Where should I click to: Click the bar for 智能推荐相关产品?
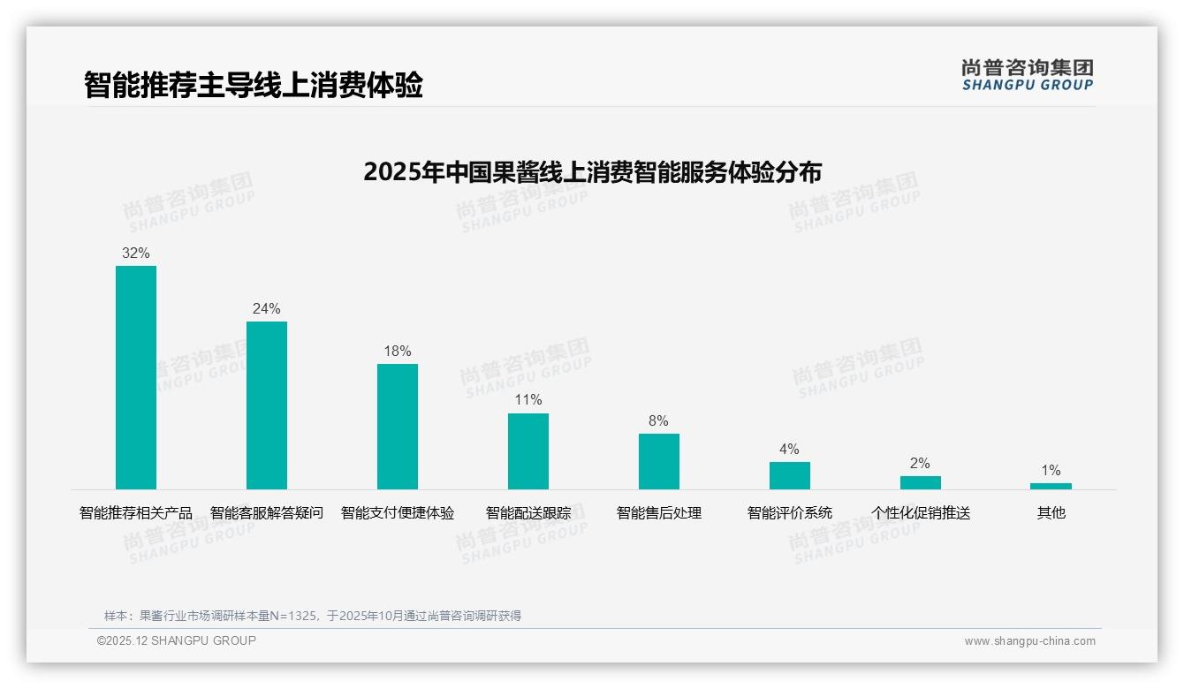click(136, 377)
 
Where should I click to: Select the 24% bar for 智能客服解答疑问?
click(267, 405)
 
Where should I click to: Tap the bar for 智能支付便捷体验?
click(398, 426)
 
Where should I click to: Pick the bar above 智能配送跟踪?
click(528, 450)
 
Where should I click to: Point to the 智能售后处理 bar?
click(659, 461)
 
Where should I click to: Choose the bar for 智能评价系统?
click(790, 475)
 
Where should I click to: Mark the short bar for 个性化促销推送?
click(921, 482)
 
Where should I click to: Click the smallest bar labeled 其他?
click(1051, 486)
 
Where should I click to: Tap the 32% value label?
click(136, 254)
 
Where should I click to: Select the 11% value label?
click(528, 400)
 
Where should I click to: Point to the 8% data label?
click(658, 421)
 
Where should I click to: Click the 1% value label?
click(1051, 471)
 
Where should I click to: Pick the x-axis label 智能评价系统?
click(790, 513)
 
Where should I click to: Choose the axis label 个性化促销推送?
click(921, 513)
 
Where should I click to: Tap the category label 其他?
click(1051, 513)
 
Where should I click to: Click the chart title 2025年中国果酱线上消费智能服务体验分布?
click(592, 171)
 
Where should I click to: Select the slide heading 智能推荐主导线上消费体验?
click(254, 85)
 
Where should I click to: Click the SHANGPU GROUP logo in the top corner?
click(1028, 75)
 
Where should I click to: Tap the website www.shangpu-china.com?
click(1029, 641)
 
